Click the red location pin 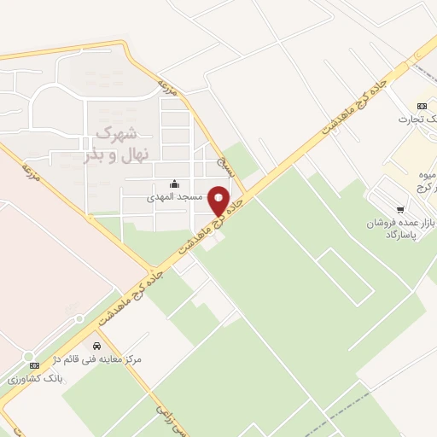click(x=219, y=201)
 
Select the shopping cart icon click(x=400, y=209)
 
